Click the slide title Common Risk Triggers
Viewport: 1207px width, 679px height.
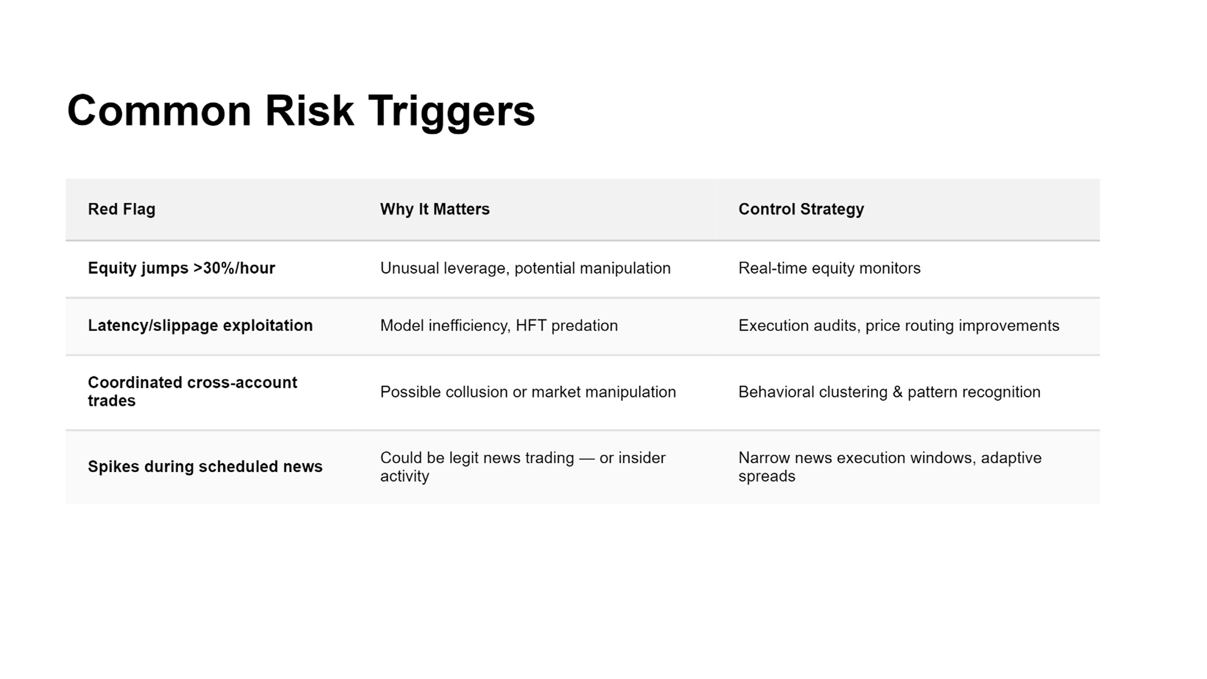point(301,112)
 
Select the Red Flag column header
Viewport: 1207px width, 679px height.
point(122,209)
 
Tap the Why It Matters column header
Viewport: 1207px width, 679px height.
point(435,209)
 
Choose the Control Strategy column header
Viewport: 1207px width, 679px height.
point(801,209)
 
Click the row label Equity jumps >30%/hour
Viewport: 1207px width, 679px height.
point(182,268)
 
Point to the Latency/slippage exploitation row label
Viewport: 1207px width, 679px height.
point(200,325)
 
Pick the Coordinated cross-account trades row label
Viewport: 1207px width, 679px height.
point(193,391)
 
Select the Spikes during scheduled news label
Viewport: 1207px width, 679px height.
point(205,467)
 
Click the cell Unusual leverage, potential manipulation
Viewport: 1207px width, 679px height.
point(526,268)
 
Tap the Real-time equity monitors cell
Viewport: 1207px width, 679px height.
point(829,268)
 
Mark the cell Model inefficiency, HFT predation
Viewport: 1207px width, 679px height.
point(499,325)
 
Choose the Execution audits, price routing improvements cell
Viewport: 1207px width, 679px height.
point(899,325)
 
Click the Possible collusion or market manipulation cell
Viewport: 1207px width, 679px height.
point(528,392)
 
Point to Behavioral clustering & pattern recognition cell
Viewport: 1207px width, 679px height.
point(889,392)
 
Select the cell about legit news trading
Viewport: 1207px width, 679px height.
point(523,467)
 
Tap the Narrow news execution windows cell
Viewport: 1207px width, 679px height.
point(890,467)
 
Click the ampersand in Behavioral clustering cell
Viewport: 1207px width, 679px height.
point(897,392)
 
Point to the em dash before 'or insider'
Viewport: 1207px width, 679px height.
point(586,459)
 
